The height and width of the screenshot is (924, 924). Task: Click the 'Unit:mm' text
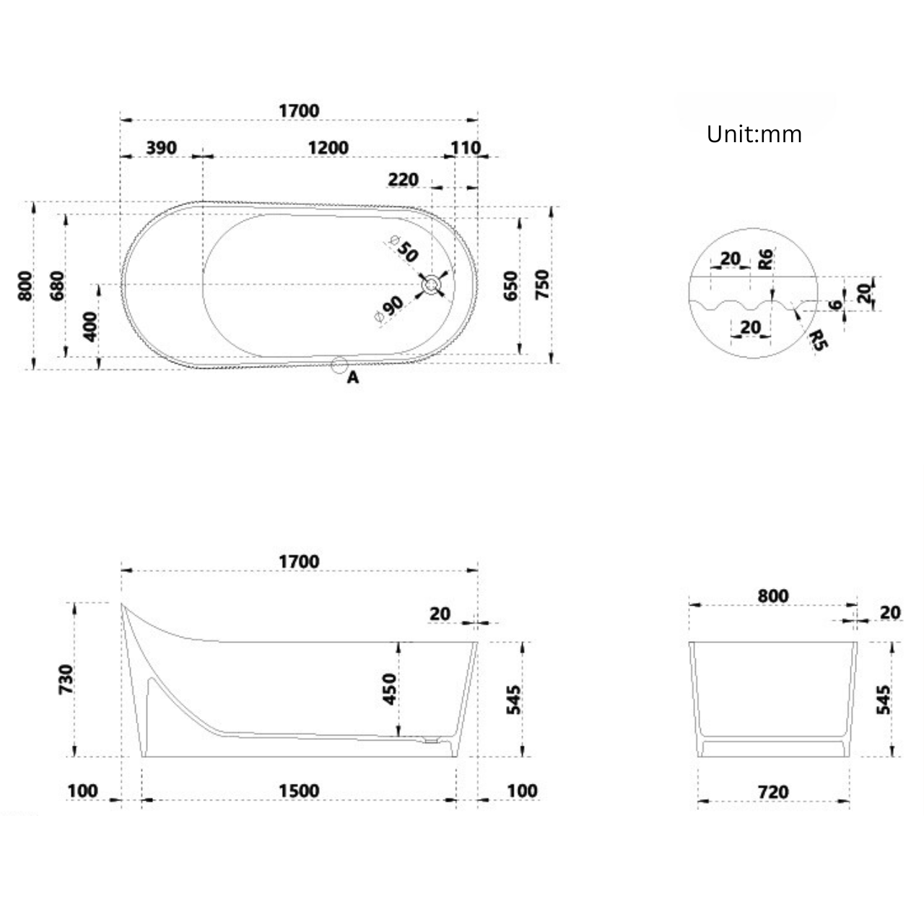(x=754, y=134)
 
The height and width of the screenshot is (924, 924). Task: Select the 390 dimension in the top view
(x=161, y=148)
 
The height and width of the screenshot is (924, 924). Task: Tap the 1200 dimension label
(x=328, y=148)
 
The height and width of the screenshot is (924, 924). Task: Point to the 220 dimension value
(x=403, y=179)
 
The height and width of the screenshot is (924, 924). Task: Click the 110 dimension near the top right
(x=465, y=148)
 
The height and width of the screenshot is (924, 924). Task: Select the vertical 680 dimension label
(x=58, y=285)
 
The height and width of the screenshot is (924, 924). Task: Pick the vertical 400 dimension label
(x=90, y=327)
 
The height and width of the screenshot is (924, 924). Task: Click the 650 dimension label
(x=510, y=287)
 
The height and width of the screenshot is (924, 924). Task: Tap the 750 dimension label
(x=542, y=284)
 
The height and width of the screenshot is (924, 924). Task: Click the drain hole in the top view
(x=432, y=285)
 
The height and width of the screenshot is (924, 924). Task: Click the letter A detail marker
(x=353, y=378)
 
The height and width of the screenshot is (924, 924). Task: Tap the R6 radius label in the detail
(x=766, y=258)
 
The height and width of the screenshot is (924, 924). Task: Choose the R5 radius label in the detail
(x=818, y=339)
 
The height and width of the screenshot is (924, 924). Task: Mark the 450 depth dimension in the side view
(x=389, y=689)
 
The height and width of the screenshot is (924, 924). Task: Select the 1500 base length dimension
(x=299, y=790)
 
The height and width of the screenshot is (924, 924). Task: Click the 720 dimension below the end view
(x=773, y=792)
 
